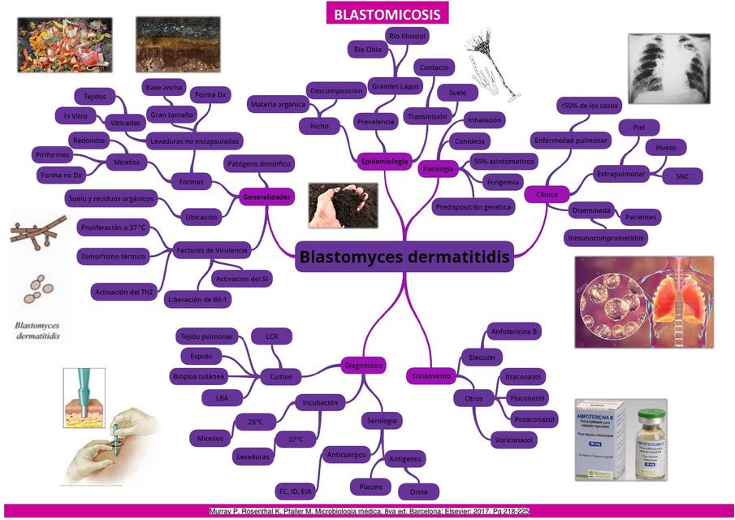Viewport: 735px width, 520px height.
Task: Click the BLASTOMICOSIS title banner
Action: click(x=387, y=14)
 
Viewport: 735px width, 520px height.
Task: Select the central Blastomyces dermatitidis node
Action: click(x=404, y=258)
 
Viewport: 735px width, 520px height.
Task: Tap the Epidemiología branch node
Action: click(x=383, y=162)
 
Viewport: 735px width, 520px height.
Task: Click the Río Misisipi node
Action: click(x=407, y=37)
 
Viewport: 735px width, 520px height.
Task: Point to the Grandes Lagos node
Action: click(x=395, y=85)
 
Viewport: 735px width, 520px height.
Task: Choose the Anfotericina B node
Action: click(x=515, y=331)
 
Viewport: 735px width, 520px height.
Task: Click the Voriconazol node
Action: click(x=513, y=440)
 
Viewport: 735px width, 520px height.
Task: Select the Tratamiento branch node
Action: click(x=430, y=376)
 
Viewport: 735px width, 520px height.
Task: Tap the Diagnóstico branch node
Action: click(x=362, y=366)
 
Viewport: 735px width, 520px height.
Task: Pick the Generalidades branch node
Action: click(x=266, y=197)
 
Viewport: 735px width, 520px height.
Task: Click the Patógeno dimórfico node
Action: click(x=257, y=163)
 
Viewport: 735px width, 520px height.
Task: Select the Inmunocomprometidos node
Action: click(x=605, y=238)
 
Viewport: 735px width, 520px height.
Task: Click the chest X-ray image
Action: click(x=668, y=69)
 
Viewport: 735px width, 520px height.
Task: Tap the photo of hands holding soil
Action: click(x=343, y=204)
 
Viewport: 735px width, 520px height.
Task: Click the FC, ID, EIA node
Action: click(x=294, y=492)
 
